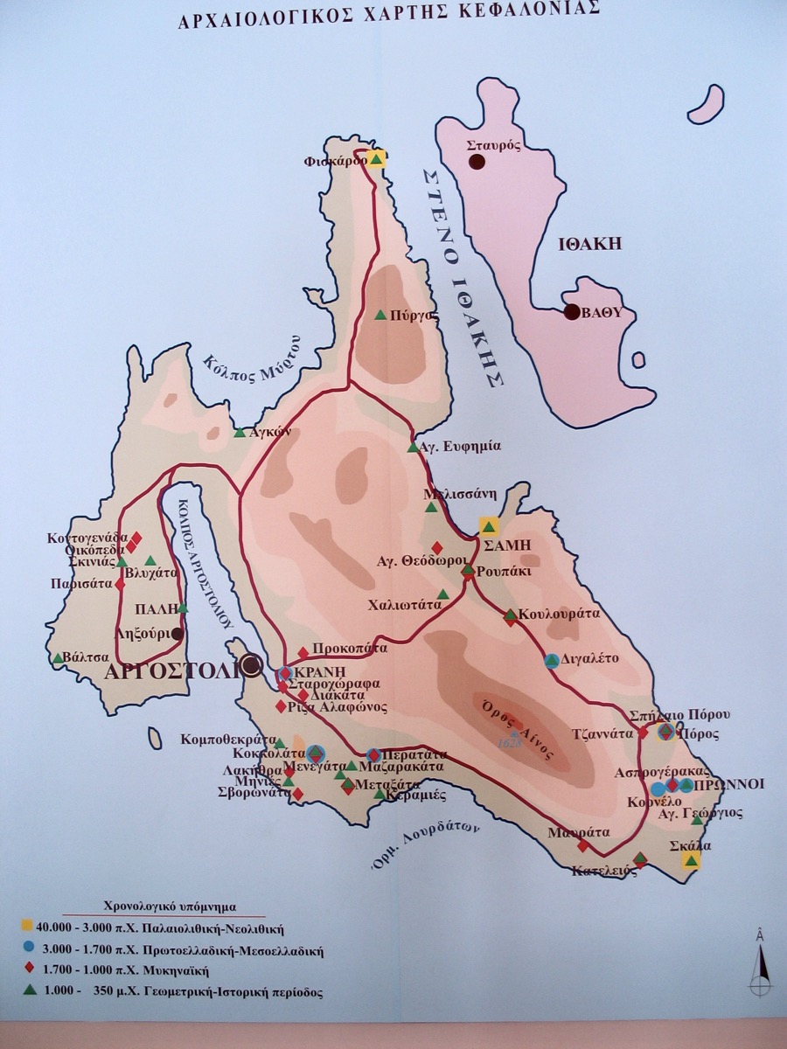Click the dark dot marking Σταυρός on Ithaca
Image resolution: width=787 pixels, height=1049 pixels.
point(477,161)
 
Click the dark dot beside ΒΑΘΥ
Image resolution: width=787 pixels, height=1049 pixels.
point(572,312)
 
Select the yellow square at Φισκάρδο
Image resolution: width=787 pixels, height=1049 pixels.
point(376,158)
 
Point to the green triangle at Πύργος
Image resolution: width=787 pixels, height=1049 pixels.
point(380,316)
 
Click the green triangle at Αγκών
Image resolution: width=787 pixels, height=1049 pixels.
point(239,432)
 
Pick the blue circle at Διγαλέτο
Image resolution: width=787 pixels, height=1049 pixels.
point(552,661)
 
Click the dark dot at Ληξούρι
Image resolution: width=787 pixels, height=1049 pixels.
point(178,634)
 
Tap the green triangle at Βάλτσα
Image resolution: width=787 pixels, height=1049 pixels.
point(58,657)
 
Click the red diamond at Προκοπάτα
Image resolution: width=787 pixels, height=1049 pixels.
point(303,652)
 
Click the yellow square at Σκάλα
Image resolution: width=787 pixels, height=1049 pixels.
point(691,861)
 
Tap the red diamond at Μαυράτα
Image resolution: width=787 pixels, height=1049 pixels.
point(583,845)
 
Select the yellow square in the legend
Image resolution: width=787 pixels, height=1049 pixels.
point(29,925)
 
